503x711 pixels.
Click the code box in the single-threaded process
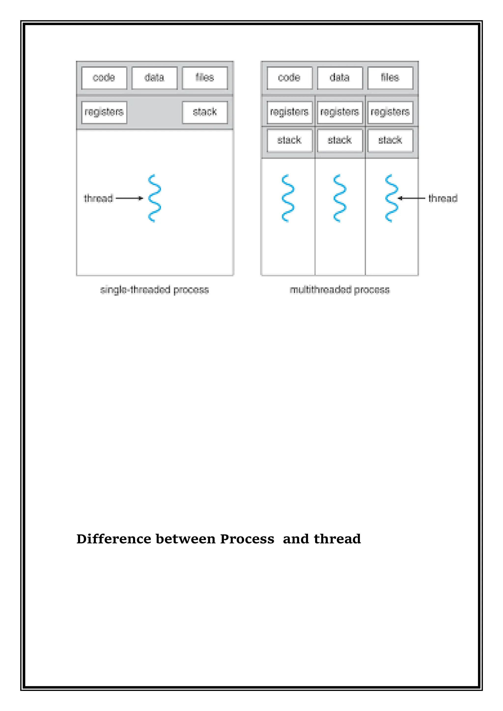pyautogui.click(x=104, y=78)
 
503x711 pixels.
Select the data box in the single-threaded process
pyautogui.click(x=154, y=78)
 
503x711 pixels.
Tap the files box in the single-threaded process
pyautogui.click(x=205, y=78)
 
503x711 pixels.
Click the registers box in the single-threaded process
pyautogui.click(x=104, y=112)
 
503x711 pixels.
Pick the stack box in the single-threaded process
pyautogui.click(x=205, y=112)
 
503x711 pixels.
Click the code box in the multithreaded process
pyautogui.click(x=289, y=78)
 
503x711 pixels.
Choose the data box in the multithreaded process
pyautogui.click(x=340, y=78)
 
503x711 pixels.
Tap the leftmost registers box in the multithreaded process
pyautogui.click(x=289, y=112)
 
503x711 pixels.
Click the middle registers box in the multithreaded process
pyautogui.click(x=340, y=112)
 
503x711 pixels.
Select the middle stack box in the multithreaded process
pyautogui.click(x=340, y=141)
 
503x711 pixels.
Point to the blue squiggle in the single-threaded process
pyautogui.click(x=154, y=198)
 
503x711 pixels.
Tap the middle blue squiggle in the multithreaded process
pyautogui.click(x=340, y=198)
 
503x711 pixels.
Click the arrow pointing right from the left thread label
pyautogui.click(x=129, y=198)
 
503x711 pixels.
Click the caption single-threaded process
pyautogui.click(x=154, y=290)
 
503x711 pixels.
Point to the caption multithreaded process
pyautogui.click(x=340, y=290)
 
